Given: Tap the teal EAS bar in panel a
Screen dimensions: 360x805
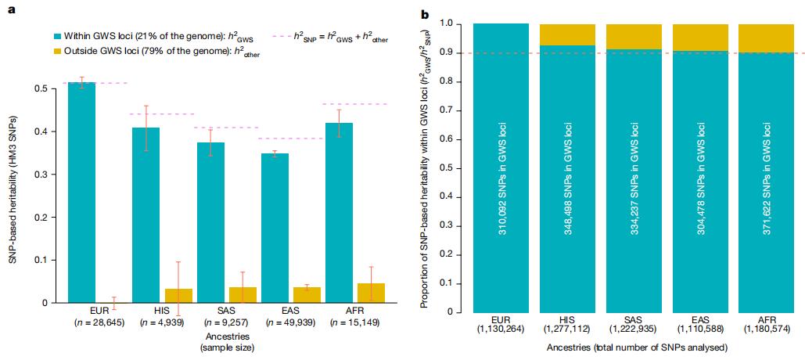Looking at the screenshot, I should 273,228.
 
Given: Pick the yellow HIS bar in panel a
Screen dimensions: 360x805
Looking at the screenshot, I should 178,295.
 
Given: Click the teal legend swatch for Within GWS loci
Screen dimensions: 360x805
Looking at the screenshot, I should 58,36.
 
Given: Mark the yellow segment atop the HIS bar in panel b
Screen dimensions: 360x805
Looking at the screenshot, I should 568,34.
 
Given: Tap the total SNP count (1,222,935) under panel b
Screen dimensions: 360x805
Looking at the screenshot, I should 634,329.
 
